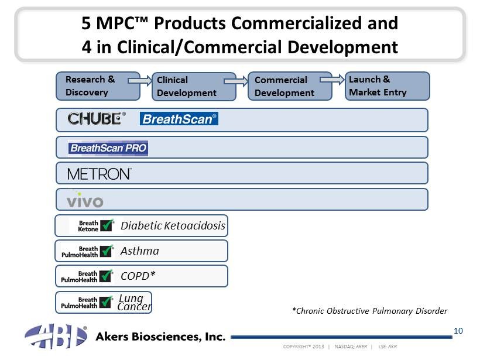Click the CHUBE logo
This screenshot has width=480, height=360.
pyautogui.click(x=97, y=118)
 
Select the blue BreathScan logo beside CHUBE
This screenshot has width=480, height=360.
pyautogui.click(x=179, y=119)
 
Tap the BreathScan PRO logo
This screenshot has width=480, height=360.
pyautogui.click(x=108, y=148)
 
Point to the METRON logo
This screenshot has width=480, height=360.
pyautogui.click(x=100, y=174)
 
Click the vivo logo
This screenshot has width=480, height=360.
pyautogui.click(x=85, y=200)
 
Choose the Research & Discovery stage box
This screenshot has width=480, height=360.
pyautogui.click(x=98, y=86)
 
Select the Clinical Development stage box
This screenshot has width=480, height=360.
pyautogui.click(x=194, y=86)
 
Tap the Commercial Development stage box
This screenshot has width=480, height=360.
pyautogui.click(x=290, y=86)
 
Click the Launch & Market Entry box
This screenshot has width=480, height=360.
pyautogui.click(x=388, y=86)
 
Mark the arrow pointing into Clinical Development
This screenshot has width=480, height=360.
pyautogui.click(x=140, y=81)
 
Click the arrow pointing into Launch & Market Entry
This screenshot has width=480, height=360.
pyautogui.click(x=332, y=80)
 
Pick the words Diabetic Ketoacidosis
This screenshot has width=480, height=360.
pyautogui.click(x=173, y=225)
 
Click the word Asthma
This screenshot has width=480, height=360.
pyautogui.click(x=140, y=251)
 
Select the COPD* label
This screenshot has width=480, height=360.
pyautogui.click(x=138, y=276)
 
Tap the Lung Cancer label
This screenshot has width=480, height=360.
pyautogui.click(x=135, y=302)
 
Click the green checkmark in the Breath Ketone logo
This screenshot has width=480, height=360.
pyautogui.click(x=107, y=225)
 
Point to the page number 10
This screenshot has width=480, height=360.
pyautogui.click(x=458, y=331)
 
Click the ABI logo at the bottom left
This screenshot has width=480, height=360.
pyautogui.click(x=56, y=336)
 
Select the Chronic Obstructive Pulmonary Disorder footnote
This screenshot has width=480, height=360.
pyautogui.click(x=369, y=311)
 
